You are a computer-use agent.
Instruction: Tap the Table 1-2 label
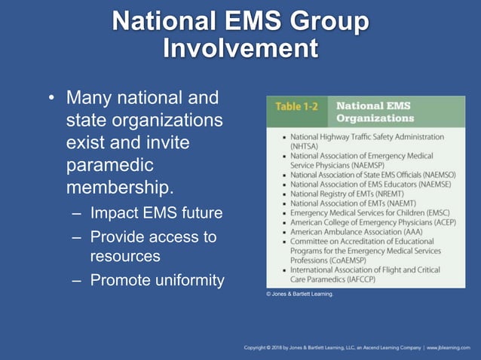pos(296,106)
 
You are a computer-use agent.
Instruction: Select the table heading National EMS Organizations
pos(375,112)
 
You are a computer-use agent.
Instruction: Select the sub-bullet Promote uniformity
pos(157,280)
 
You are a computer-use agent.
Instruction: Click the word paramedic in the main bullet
pos(109,164)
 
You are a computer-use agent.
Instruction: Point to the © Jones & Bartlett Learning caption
pos(299,294)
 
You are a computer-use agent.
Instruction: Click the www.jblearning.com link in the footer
pos(450,347)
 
